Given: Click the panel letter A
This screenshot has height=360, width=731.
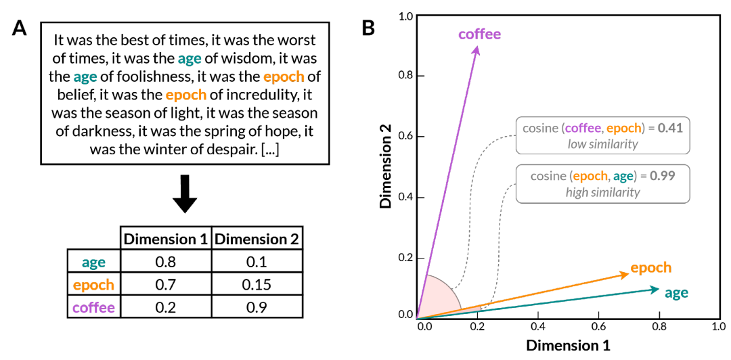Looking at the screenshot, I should tap(20, 30).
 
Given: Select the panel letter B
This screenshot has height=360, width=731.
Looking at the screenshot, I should tap(369, 28).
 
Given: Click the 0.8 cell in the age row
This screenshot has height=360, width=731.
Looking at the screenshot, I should tap(165, 261).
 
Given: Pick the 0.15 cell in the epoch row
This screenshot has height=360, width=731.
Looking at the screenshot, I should tap(256, 284).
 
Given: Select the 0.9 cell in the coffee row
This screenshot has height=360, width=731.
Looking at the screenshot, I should tap(256, 307).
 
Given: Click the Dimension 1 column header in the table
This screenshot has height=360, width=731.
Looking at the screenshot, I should tap(165, 238).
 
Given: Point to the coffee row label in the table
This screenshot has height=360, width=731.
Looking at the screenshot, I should tap(93, 307).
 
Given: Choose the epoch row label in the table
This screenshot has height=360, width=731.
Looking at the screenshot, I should tap(93, 284).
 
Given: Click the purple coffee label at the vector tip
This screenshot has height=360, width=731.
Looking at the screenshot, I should tap(479, 33).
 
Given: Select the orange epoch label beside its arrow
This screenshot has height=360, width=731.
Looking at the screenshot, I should tap(650, 267).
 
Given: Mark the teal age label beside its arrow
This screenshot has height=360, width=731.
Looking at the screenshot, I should tap(676, 293).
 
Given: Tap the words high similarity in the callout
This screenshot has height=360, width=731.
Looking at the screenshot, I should tap(602, 192).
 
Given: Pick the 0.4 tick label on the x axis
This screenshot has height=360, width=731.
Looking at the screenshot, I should tap(537, 325).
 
